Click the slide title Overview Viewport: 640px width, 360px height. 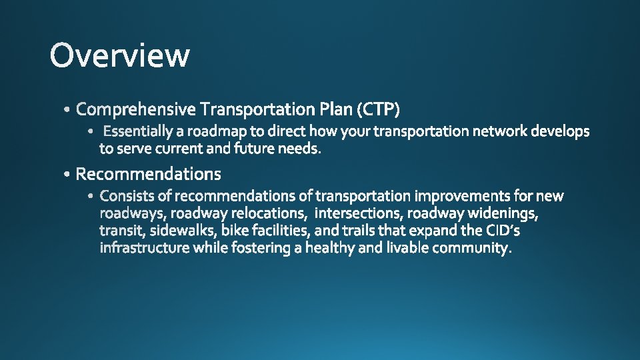pyautogui.click(x=119, y=55)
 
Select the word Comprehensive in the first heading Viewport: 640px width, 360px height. pyautogui.click(x=136, y=108)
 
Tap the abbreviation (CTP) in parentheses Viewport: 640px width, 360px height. pyautogui.click(x=378, y=108)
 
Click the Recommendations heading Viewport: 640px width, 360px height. pyautogui.click(x=148, y=174)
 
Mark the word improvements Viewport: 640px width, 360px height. pyautogui.click(x=463, y=196)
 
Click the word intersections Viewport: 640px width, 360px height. pyautogui.click(x=359, y=213)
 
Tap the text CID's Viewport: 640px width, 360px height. pyautogui.click(x=504, y=231)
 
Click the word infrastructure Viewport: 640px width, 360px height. pyautogui.click(x=145, y=248)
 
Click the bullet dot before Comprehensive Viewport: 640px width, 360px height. pyautogui.click(x=69, y=109)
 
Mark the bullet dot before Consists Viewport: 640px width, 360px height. pyautogui.click(x=91, y=197)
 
